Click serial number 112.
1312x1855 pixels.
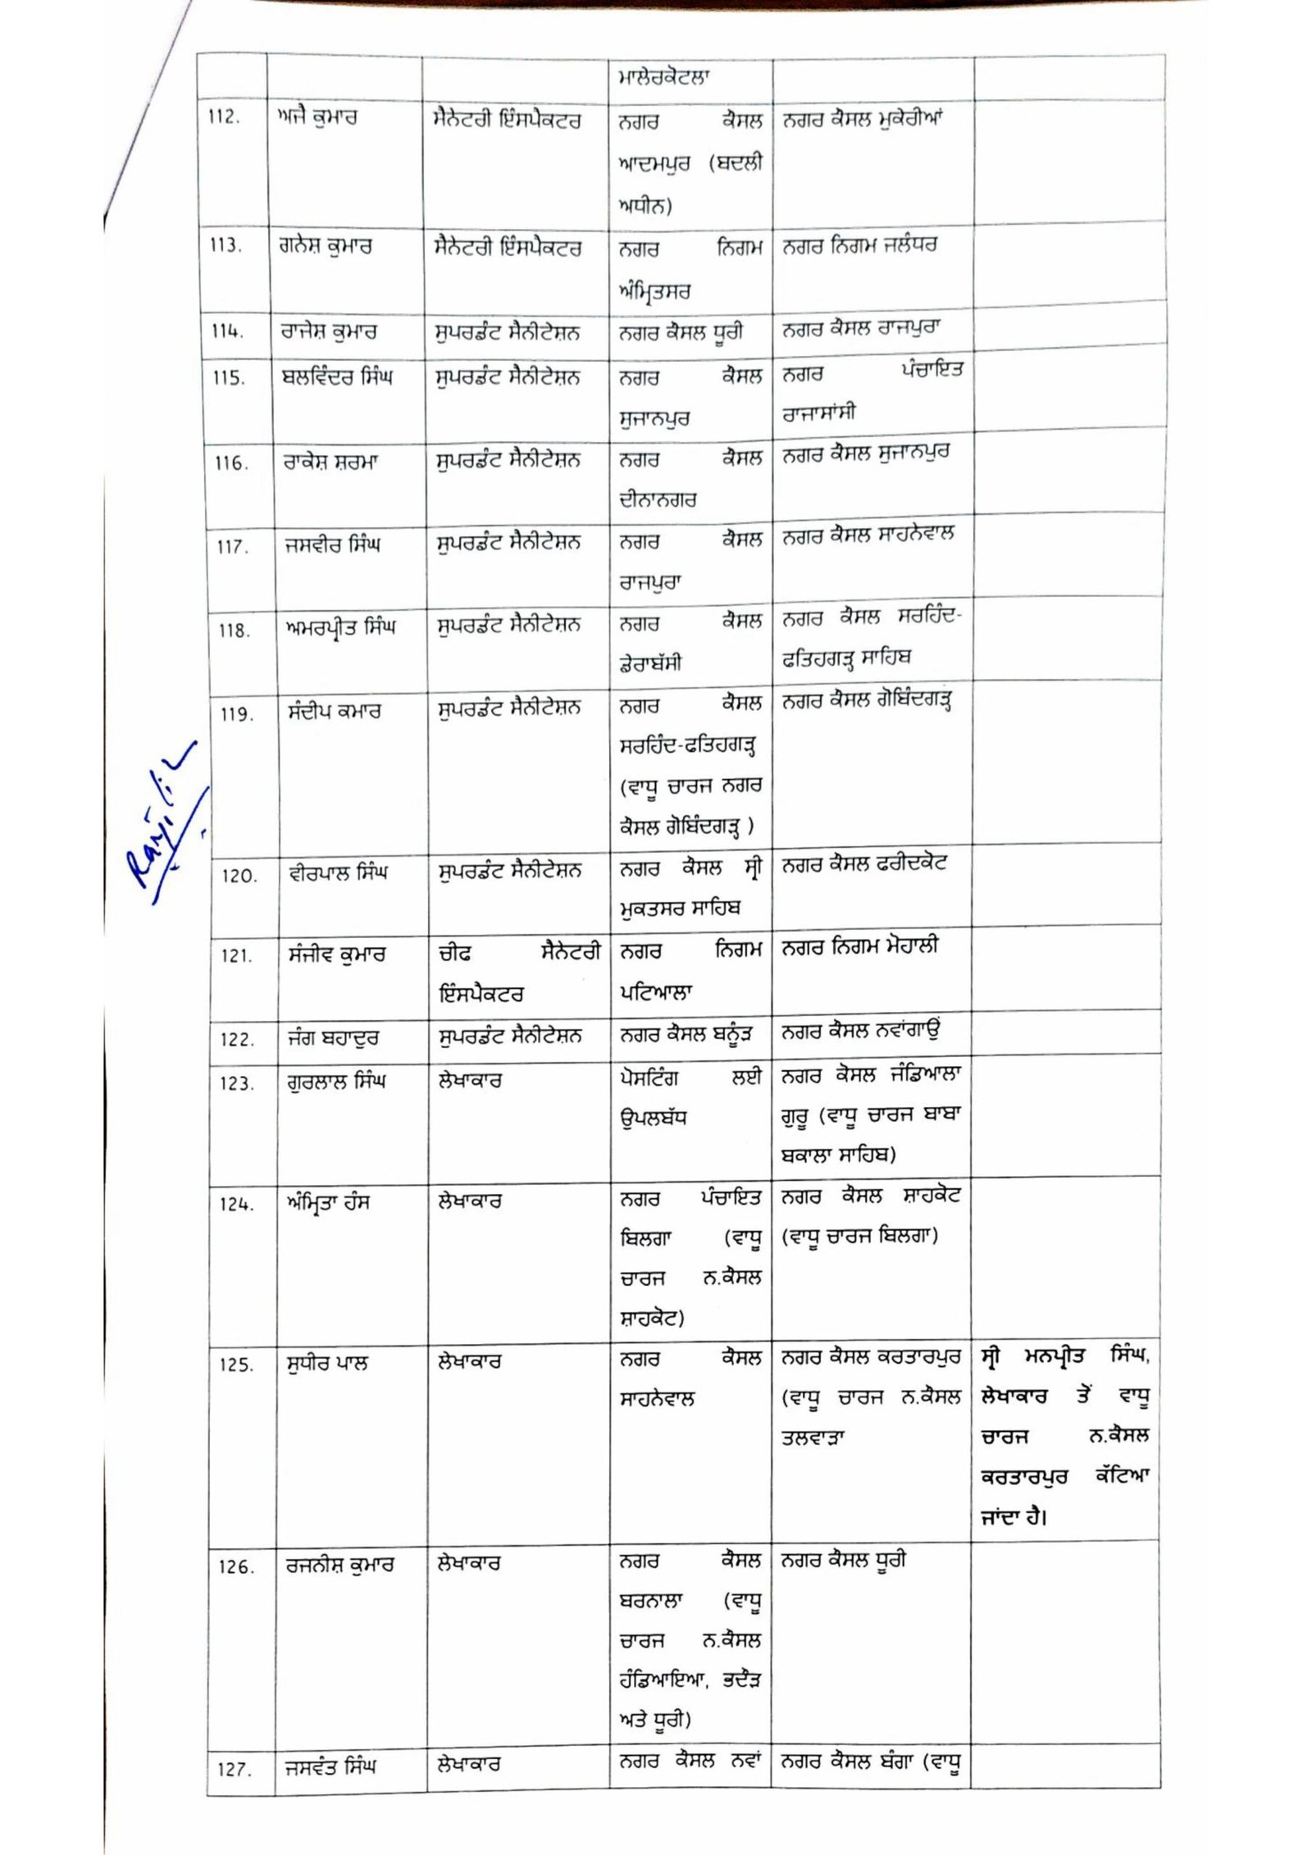point(223,117)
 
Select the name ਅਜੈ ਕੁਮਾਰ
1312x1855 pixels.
point(317,117)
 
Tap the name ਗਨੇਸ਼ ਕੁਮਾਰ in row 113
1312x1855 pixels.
point(325,246)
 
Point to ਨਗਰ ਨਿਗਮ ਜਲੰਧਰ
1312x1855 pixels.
point(859,245)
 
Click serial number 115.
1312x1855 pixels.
point(229,379)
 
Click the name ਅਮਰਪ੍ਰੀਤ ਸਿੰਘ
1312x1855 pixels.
point(339,628)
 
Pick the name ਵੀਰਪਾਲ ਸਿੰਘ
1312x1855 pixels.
point(337,873)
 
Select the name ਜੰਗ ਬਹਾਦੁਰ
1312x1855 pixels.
point(333,1037)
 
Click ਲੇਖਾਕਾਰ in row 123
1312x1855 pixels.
point(470,1082)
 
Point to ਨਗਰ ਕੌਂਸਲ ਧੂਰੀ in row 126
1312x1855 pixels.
point(844,1561)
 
